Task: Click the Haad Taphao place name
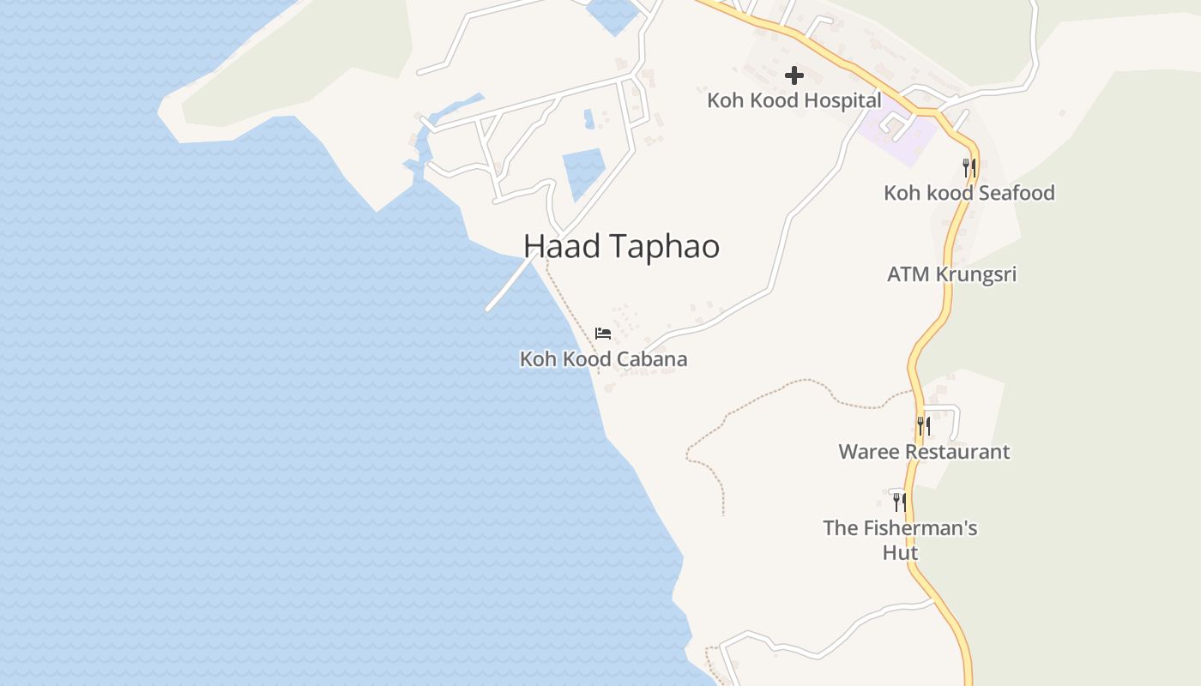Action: (621, 247)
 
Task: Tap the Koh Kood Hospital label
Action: (794, 100)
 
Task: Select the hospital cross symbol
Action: (794, 75)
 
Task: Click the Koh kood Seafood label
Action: (969, 193)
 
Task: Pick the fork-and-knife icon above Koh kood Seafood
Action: (969, 167)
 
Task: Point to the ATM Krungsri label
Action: (951, 274)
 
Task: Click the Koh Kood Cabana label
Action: (603, 359)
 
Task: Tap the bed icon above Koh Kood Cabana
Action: (603, 333)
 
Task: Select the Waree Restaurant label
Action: (924, 452)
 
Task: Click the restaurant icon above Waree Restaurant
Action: (923, 425)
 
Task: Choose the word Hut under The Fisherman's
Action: (901, 553)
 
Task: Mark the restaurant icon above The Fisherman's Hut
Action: (899, 501)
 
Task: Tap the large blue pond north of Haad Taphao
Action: (582, 171)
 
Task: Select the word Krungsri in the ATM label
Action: (975, 274)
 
